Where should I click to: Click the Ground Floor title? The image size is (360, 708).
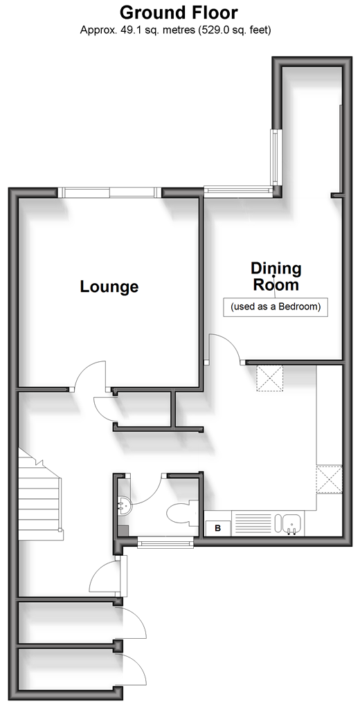point(179,12)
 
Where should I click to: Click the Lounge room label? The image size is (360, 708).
point(109,287)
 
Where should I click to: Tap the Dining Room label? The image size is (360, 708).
point(276,277)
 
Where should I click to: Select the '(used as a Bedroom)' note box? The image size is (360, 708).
point(276,307)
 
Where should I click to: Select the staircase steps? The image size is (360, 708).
point(39,493)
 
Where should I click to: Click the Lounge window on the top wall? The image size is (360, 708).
point(110,193)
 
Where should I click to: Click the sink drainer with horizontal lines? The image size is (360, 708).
point(251,524)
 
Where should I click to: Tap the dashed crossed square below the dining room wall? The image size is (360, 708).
point(270,379)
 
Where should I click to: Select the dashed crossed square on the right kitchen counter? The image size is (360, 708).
point(329,480)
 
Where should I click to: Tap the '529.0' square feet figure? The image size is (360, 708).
point(207,30)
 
